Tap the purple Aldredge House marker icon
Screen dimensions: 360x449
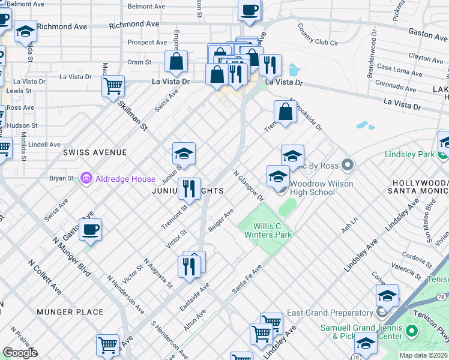tap(86, 178)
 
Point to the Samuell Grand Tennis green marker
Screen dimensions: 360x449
tap(411, 331)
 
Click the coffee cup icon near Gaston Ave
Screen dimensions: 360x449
tap(90, 229)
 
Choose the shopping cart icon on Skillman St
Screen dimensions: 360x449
tap(113, 86)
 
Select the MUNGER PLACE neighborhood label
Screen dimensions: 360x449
tap(70, 312)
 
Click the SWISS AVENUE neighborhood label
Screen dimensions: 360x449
tap(95, 153)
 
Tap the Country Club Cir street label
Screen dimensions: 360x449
tap(318, 35)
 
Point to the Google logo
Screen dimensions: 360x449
tap(20, 353)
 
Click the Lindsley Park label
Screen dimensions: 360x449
tap(409, 155)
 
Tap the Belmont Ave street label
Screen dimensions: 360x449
tap(146, 7)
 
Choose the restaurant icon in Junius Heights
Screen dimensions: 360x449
tap(189, 188)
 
